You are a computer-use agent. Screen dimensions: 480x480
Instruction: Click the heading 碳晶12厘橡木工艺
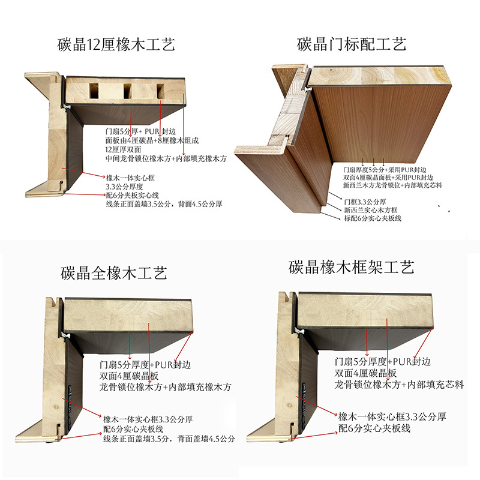pos(116,44)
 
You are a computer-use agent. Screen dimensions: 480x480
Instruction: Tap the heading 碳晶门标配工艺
pos(352,44)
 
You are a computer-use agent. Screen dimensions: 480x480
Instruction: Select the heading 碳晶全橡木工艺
pos(113,273)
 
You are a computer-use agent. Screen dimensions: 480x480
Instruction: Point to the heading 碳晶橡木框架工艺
pos(351,267)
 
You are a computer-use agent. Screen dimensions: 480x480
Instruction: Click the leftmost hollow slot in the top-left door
pos(94,91)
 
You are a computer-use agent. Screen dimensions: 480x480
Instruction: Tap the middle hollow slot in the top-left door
pos(128,91)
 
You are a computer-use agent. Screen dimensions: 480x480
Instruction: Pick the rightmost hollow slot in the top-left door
pos(160,91)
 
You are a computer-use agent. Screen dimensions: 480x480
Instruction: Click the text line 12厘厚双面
pos(123,149)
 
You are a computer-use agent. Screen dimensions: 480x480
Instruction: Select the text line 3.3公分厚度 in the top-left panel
pos(124,187)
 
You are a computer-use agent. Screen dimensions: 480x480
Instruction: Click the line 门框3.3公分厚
pos(365,202)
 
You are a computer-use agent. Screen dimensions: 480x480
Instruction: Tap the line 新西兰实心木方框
pos(370,210)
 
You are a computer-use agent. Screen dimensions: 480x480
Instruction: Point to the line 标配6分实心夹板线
pos(373,218)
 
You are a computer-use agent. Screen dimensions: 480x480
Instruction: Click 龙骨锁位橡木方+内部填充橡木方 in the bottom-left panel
pos(165,387)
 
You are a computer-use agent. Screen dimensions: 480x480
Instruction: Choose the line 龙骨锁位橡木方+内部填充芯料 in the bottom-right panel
pos(399,385)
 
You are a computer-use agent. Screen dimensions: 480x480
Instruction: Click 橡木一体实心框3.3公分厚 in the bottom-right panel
pos(392,416)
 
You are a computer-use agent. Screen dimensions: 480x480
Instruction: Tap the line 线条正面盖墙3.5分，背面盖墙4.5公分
pos(169,439)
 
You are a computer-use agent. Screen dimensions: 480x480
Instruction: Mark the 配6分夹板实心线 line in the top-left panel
pos(132,195)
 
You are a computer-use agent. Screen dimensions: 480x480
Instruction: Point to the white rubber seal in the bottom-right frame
pos(299,331)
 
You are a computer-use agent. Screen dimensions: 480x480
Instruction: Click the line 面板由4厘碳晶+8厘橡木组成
pos(152,140)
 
